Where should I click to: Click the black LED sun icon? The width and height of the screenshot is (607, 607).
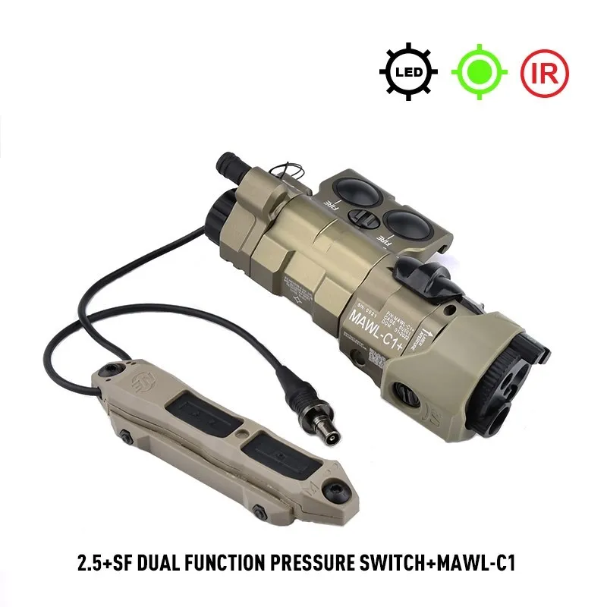pyautogui.click(x=409, y=73)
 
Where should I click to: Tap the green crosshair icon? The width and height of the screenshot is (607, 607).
pyautogui.click(x=479, y=73)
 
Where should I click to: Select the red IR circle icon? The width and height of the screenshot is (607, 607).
pyautogui.click(x=544, y=73)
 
